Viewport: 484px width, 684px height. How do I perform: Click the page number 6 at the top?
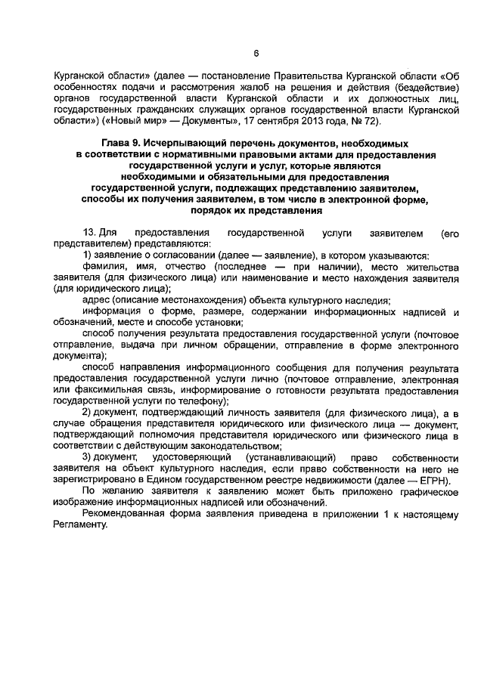point(256,53)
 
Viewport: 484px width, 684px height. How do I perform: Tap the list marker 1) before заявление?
point(88,257)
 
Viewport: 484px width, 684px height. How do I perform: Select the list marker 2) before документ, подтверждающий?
point(88,415)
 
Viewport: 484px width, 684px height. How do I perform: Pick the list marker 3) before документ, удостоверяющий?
point(88,458)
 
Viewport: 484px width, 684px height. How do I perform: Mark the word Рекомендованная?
point(123,515)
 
